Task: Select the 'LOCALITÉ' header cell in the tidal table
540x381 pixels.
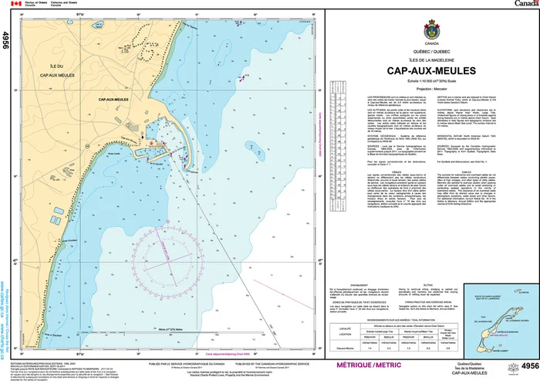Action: tap(343, 327)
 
